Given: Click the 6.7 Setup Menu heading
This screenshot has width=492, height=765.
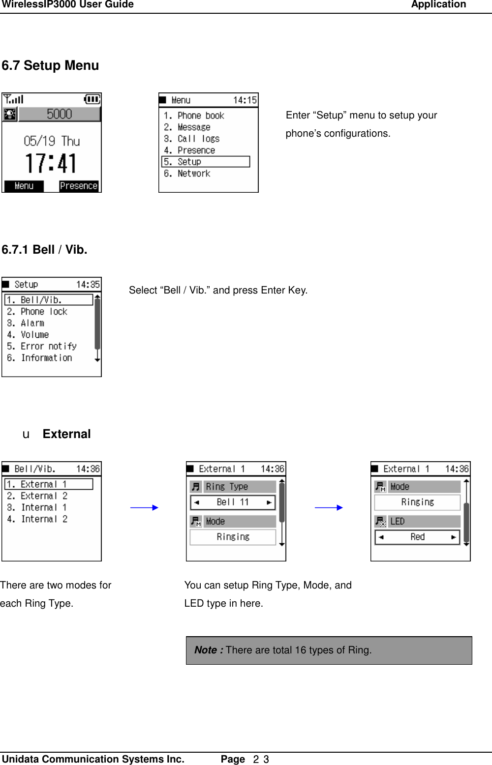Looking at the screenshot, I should [50, 65].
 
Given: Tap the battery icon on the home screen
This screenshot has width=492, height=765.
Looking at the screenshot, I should [92, 99].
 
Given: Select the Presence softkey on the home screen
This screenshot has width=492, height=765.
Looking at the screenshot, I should [79, 186].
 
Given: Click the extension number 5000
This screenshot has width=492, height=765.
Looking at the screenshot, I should [59, 114].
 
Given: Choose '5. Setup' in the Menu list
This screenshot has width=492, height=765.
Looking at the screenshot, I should [206, 162].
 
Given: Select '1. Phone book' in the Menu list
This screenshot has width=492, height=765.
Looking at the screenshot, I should [194, 116].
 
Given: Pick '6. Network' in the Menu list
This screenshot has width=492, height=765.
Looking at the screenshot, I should [187, 174].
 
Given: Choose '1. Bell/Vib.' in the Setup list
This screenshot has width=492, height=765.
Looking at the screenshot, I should [48, 300].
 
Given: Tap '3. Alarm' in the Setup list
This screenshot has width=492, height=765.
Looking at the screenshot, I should [26, 323].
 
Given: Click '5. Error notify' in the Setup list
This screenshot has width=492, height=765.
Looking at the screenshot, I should [42, 346].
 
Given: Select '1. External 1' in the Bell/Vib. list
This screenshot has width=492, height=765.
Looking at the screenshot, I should [48, 484].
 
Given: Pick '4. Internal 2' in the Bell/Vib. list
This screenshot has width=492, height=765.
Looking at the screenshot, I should [37, 519].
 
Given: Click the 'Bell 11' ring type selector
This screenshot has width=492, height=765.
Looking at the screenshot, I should [233, 502].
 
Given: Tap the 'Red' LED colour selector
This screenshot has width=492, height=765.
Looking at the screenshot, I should [417, 537].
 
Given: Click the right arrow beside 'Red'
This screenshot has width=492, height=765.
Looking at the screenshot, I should [453, 537].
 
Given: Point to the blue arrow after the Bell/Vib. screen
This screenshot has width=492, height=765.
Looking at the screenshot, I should [144, 507].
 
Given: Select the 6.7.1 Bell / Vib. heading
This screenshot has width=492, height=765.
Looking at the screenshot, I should [44, 250].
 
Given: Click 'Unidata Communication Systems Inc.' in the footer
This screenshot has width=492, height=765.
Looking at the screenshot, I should [93, 759].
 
